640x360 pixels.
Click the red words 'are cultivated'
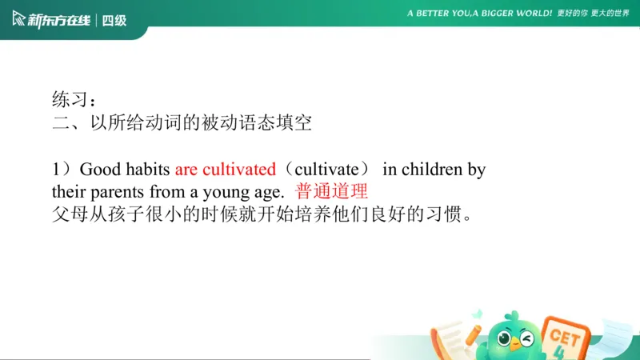(225, 170)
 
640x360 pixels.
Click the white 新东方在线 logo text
(58, 20)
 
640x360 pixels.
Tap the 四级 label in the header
(115, 20)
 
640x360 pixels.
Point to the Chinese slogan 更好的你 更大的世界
(593, 14)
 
